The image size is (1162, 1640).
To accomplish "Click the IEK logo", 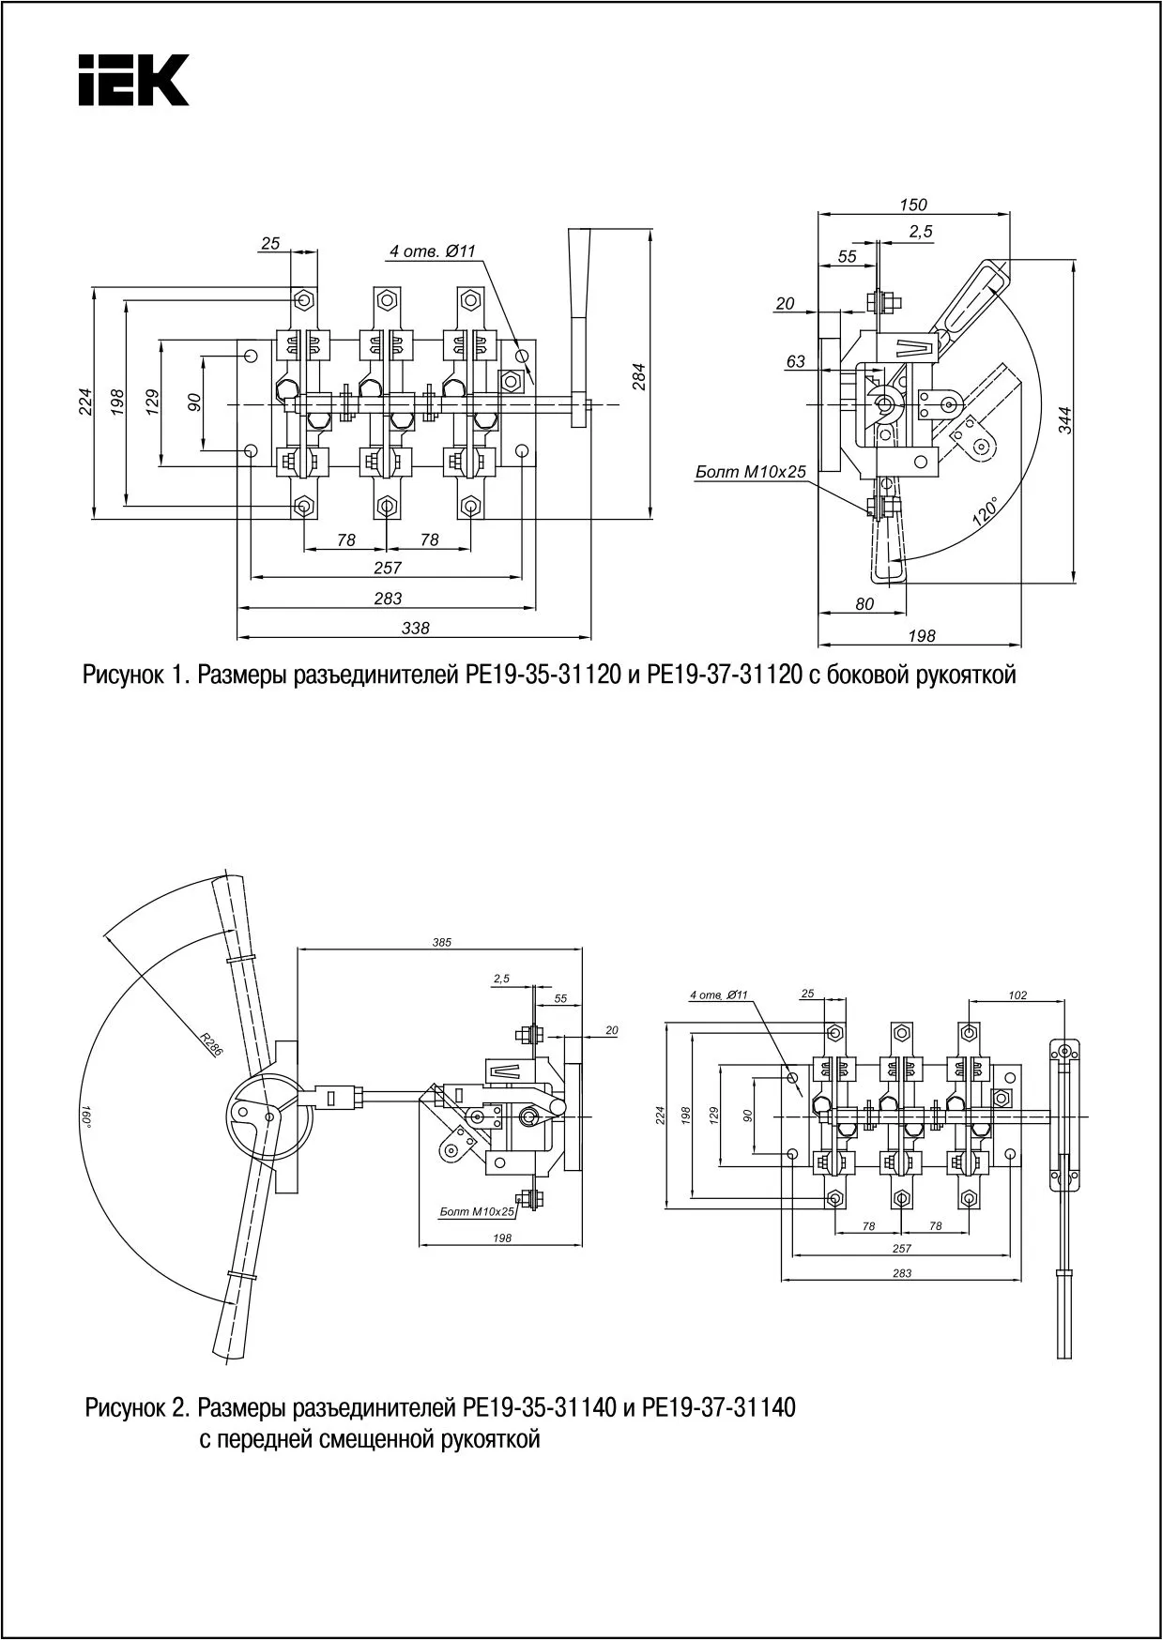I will pos(133,79).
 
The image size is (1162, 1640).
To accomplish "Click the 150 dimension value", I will pos(912,205).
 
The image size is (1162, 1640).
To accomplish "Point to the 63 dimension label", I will pos(796,361).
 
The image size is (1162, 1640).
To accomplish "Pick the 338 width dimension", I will pos(415,629).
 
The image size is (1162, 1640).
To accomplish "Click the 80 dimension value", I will pos(864,604).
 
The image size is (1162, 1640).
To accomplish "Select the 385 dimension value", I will pos(442,942).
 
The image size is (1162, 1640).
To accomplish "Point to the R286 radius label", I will pos(210,1044).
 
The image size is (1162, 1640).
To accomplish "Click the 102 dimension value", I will pos(1018,995).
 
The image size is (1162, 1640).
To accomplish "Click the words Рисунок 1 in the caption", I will pos(137,676).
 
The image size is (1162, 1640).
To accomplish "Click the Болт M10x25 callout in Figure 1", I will pos(751,473).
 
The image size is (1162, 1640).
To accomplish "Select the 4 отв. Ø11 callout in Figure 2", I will pos(718,995).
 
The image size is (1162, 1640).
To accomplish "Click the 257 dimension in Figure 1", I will pos(387,568).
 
